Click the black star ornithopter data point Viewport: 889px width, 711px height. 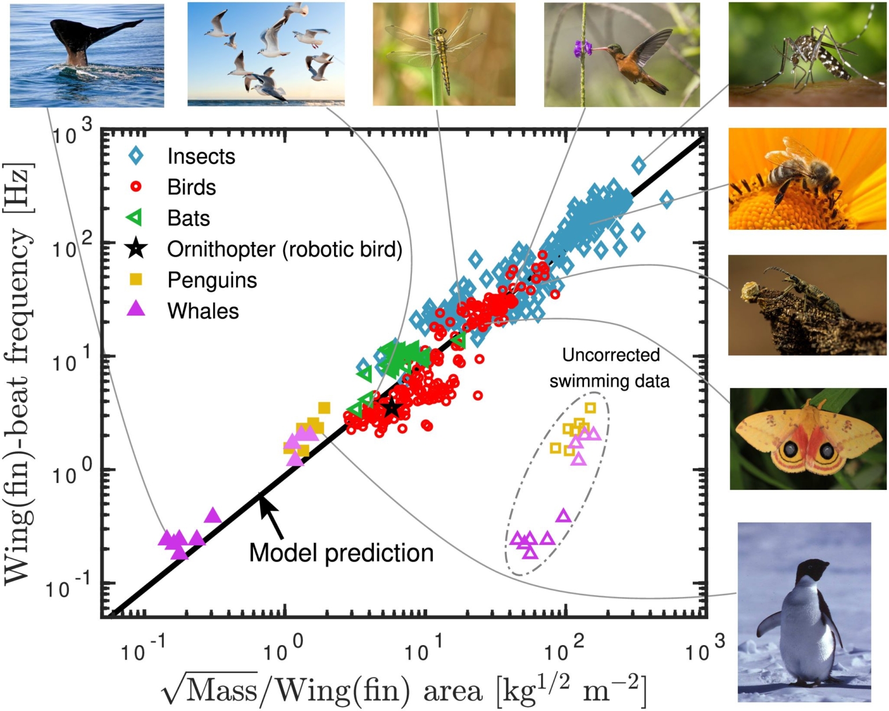392,407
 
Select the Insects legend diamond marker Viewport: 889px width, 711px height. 137,156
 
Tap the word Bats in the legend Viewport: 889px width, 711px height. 188,218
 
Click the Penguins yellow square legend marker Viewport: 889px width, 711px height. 137,280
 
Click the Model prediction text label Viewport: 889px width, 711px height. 341,553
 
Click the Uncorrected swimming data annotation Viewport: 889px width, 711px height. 609,368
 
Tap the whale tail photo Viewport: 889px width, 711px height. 87,55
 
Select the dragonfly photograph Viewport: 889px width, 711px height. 444,54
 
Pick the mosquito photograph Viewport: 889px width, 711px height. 807,55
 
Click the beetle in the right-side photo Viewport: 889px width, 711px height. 802,292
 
